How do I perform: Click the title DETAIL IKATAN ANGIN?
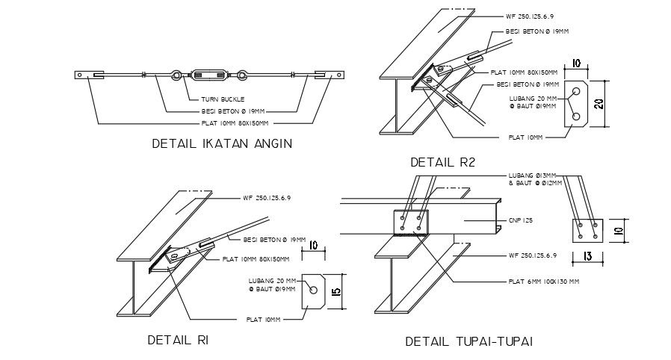(x=221, y=143)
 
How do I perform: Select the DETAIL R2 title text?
(x=442, y=162)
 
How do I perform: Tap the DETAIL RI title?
(x=177, y=340)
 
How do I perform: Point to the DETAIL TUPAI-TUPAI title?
(x=469, y=341)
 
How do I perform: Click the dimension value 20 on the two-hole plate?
(x=599, y=104)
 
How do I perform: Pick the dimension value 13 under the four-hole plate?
(x=587, y=258)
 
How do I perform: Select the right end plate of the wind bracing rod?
(x=330, y=75)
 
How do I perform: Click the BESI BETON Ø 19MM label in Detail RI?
(x=274, y=240)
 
